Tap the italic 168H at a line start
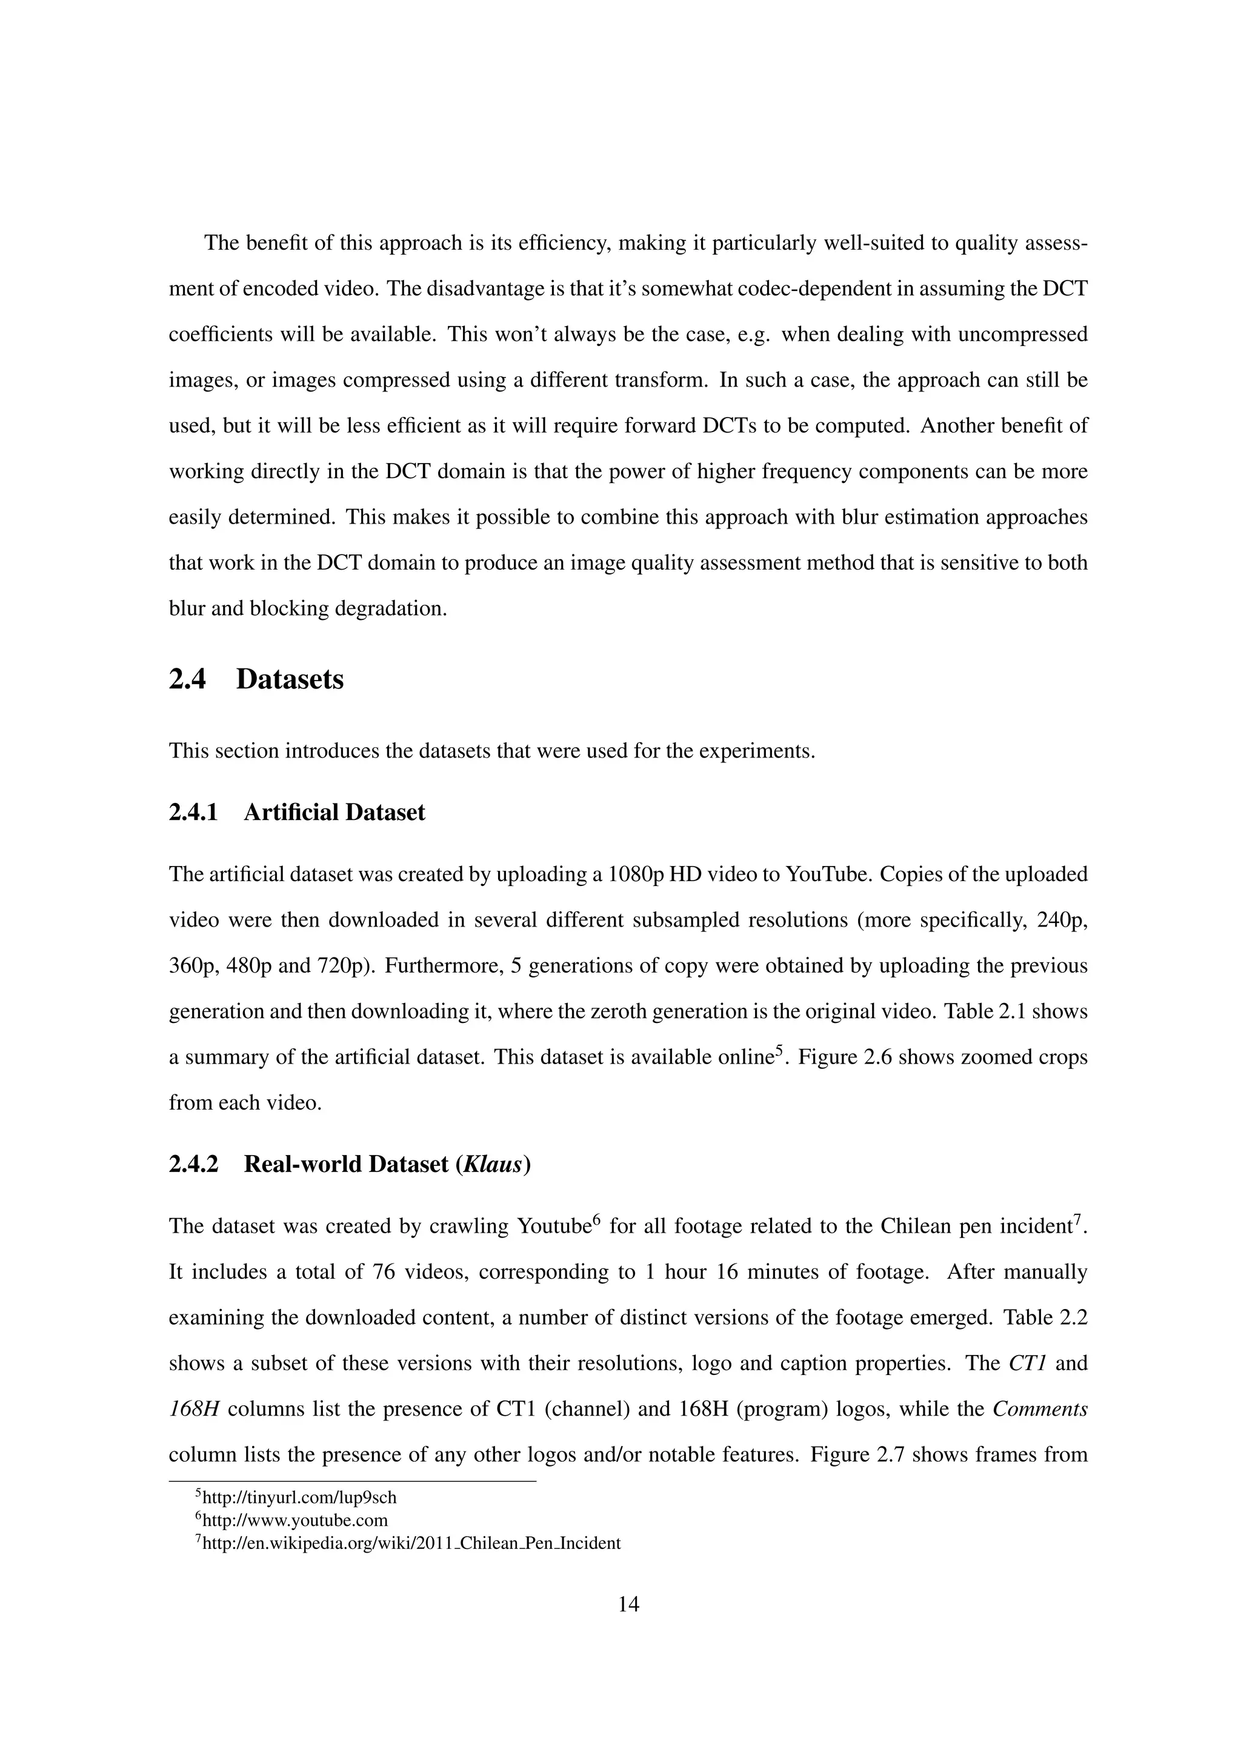(x=194, y=1409)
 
